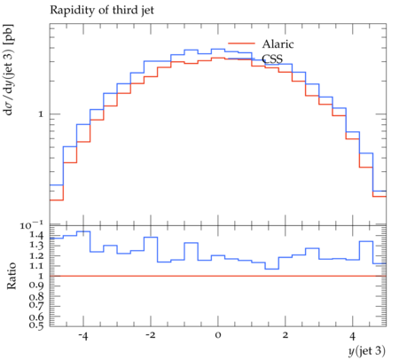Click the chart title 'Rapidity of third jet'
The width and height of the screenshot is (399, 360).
[102, 11]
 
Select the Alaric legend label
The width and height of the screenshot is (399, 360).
[278, 44]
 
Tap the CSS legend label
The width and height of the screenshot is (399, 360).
[272, 59]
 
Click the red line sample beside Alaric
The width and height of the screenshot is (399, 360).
[241, 43]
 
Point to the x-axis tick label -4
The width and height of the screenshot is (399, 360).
[83, 336]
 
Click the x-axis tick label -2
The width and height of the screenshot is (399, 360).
[151, 336]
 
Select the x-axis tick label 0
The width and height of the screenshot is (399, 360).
[218, 336]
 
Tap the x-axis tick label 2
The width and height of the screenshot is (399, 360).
[286, 336]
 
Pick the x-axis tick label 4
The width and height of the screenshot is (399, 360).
[352, 336]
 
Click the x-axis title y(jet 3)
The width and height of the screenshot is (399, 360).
[367, 351]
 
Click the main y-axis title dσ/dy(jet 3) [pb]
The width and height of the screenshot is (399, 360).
[8, 70]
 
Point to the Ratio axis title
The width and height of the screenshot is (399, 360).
[12, 276]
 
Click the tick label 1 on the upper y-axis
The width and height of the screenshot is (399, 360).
[41, 114]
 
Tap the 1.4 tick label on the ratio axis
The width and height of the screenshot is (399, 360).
[36, 235]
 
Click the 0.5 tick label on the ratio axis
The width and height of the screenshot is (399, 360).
[36, 325]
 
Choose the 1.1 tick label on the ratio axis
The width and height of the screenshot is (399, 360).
[36, 266]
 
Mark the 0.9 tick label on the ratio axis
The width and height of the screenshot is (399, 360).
[36, 286]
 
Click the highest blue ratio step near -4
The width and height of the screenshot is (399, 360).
[83, 231]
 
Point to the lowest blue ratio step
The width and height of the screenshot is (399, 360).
[272, 269]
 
